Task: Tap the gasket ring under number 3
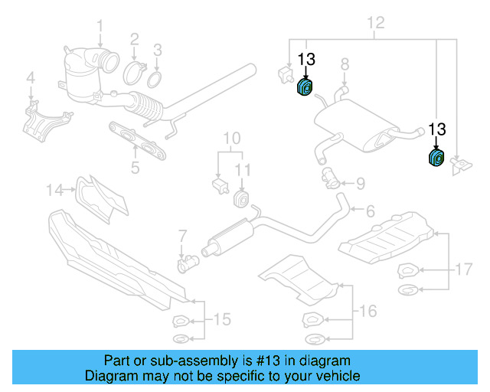click(155, 80)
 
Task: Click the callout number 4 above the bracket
click(31, 77)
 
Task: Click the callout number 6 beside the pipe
click(370, 211)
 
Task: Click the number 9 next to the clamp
click(361, 183)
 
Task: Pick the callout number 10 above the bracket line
click(231, 139)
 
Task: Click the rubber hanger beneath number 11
click(240, 200)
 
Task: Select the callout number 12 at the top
click(374, 23)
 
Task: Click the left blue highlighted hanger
click(305, 88)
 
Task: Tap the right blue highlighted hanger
click(436, 158)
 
